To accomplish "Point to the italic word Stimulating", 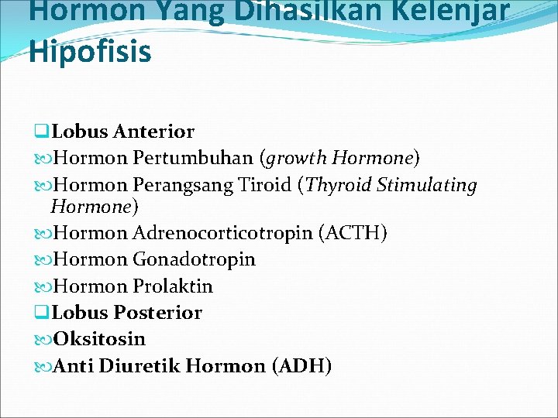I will [427, 186].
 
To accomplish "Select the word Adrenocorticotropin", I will [222, 233].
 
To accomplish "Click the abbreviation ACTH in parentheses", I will [353, 233].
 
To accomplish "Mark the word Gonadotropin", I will [194, 259].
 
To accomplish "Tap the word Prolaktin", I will [173, 286].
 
